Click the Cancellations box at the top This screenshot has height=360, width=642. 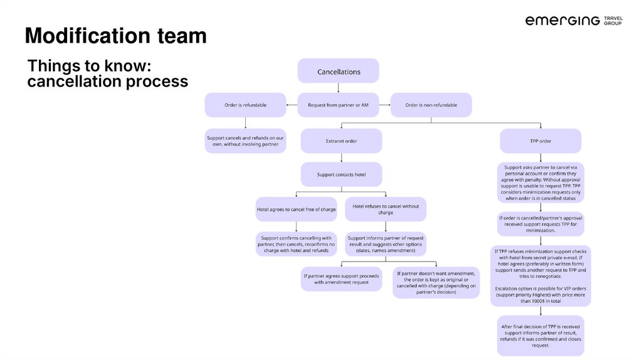(x=338, y=71)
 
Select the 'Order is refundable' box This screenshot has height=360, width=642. (x=245, y=105)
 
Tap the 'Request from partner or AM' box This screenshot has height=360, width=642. (x=338, y=105)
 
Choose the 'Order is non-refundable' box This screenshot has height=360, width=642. (x=431, y=105)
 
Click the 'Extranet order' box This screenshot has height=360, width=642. (x=341, y=141)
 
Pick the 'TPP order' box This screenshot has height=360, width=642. (x=540, y=141)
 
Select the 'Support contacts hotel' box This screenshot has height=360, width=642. (x=341, y=174)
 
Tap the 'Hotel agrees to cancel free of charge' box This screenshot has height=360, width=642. (x=297, y=209)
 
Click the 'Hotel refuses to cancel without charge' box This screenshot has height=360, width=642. (x=386, y=209)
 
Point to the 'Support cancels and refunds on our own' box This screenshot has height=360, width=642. (x=245, y=141)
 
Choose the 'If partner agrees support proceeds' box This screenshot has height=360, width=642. (x=341, y=278)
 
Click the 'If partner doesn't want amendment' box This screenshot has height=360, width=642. (x=436, y=282)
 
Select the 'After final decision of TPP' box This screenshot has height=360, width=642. (x=540, y=336)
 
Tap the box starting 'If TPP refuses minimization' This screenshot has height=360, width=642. (x=540, y=276)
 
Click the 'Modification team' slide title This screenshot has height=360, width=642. (x=115, y=36)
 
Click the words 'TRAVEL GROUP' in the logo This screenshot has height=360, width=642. (x=614, y=21)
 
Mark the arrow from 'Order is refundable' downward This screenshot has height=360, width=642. (x=245, y=123)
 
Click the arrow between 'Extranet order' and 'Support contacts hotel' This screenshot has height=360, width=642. (x=341, y=158)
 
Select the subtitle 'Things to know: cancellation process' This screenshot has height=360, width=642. (x=107, y=74)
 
